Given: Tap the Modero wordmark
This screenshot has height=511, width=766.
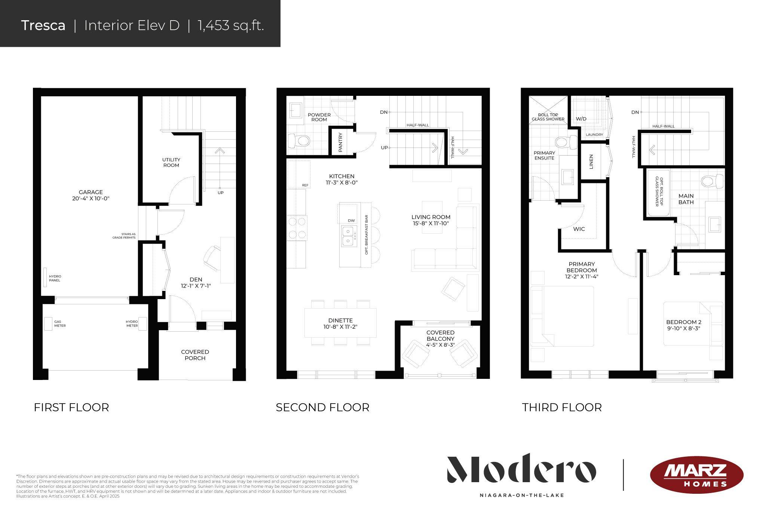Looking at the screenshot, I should click(x=521, y=469).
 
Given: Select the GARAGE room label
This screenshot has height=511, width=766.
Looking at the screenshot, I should click(x=91, y=192).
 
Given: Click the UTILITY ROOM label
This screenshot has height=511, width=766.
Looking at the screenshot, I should click(x=171, y=162).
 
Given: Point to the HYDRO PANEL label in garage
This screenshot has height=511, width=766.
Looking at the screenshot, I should click(x=55, y=278).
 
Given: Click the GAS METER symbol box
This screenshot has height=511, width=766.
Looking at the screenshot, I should click(x=48, y=323).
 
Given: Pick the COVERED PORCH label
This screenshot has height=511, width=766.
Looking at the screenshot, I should click(x=195, y=355).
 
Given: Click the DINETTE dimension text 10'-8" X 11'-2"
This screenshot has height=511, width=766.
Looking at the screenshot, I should click(x=340, y=327).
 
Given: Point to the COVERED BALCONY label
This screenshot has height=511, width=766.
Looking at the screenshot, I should click(x=440, y=335).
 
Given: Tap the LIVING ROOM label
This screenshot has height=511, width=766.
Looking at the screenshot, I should click(x=431, y=217).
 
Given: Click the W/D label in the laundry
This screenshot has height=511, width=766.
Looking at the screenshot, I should click(x=581, y=119).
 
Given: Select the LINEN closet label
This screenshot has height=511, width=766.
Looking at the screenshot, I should click(x=591, y=162).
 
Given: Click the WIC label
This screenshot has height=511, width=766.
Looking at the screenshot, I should click(x=579, y=229).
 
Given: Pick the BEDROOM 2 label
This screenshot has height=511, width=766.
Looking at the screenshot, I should click(x=683, y=322).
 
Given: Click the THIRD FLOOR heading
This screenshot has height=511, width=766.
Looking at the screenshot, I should click(x=562, y=407).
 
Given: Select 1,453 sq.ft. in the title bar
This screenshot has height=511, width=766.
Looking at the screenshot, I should click(x=231, y=25).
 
